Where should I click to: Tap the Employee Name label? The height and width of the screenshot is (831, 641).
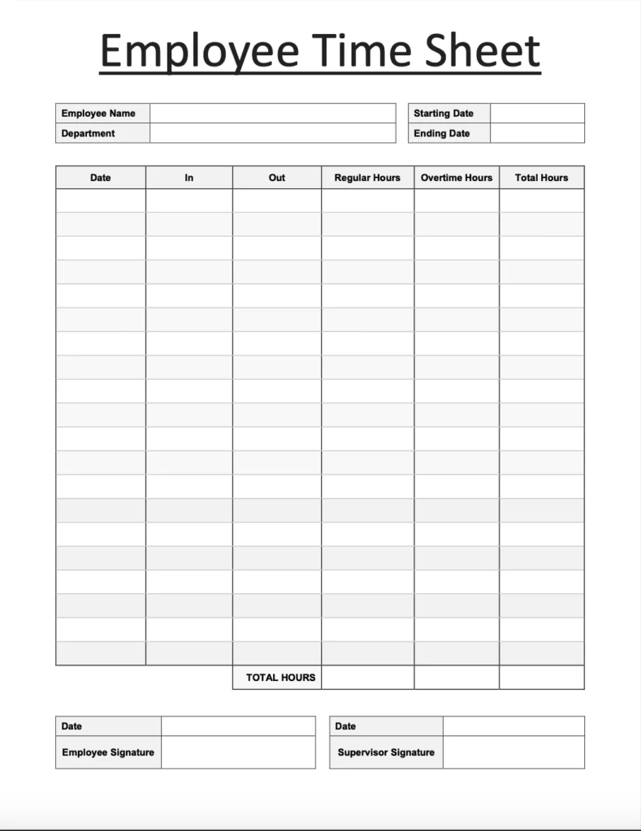tap(98, 114)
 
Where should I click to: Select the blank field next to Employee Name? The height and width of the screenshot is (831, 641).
tap(272, 114)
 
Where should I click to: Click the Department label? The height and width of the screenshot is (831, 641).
tap(88, 133)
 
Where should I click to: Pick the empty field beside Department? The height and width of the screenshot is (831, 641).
tap(272, 133)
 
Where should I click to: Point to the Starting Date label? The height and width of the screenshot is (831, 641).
tap(444, 114)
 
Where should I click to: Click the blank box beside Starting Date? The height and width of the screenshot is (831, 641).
tap(537, 114)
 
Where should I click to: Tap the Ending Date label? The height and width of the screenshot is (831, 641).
tap(442, 133)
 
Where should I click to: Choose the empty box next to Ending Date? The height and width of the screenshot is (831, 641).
tap(537, 133)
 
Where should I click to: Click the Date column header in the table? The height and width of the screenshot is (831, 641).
tap(101, 178)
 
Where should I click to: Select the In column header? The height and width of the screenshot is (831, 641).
tap(189, 178)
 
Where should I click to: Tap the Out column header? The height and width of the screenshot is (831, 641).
tap(277, 178)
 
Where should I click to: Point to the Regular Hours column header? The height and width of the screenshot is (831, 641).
tap(367, 178)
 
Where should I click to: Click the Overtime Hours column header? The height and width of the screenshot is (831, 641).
tap(457, 178)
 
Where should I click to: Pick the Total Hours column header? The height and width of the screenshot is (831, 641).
tap(542, 178)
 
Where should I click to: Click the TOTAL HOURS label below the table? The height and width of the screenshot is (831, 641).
tap(280, 678)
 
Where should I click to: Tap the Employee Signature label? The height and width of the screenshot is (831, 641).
tap(108, 752)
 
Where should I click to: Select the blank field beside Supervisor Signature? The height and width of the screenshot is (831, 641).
tap(513, 752)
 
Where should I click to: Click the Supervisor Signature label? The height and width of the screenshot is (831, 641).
tap(386, 752)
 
